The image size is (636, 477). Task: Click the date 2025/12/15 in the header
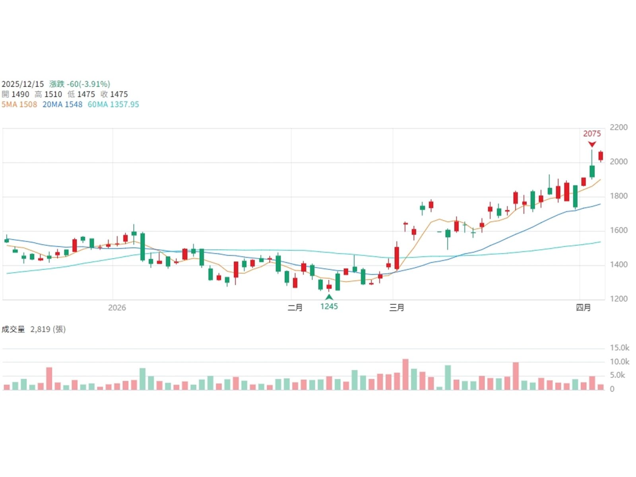23,84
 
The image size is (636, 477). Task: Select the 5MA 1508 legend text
19,105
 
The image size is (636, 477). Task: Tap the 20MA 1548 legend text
62,105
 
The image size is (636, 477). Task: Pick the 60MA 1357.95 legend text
113,105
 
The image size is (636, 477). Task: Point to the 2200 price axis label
619,127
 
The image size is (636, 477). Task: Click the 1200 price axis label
619,299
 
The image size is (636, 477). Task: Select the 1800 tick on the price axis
619,196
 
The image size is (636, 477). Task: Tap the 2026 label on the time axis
117,307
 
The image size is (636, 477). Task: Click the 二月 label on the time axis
295,307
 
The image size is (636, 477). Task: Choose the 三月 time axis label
396,307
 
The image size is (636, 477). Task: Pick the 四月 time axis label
583,307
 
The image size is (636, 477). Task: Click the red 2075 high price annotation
592,134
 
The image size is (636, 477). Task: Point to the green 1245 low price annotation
329,306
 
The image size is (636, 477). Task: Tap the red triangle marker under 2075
592,144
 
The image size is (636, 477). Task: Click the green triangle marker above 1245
329,297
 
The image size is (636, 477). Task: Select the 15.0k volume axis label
619,348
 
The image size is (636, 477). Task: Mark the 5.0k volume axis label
617,375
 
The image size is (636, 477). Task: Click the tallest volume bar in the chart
405,374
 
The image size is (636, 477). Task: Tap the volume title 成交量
13,329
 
